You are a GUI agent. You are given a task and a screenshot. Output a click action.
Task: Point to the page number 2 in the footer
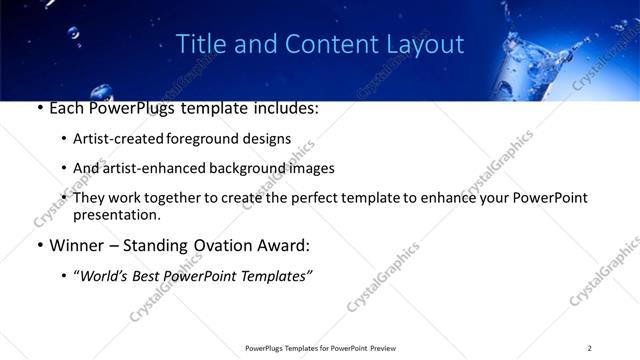(x=590, y=348)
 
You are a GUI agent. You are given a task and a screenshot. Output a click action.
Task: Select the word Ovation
(x=229, y=245)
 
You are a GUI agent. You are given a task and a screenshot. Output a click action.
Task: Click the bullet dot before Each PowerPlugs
(x=39, y=108)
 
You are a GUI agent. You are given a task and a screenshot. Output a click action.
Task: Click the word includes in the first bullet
(x=284, y=108)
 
